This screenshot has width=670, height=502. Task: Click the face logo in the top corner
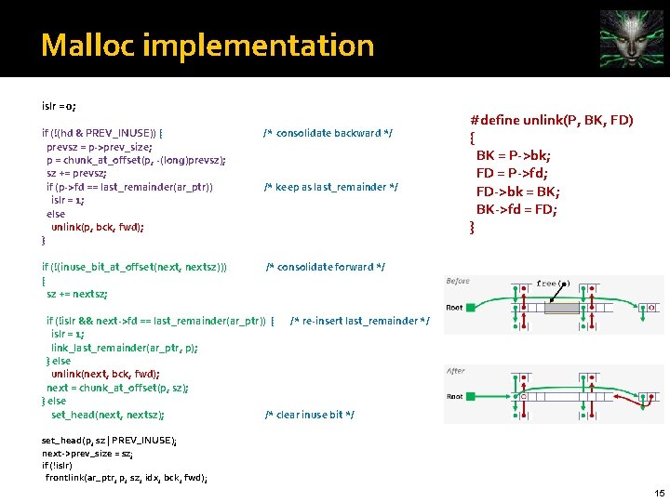632,36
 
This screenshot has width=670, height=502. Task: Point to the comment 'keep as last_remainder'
331,187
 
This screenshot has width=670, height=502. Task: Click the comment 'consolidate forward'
326,267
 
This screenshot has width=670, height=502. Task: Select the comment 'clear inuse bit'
310,415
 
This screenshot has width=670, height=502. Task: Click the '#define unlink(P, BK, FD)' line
552,121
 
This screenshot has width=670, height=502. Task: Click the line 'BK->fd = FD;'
517,209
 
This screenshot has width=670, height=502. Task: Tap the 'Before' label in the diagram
458,281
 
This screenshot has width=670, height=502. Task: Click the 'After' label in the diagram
455,371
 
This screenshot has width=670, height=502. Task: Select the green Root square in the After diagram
473,397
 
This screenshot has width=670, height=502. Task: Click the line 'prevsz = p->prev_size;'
100,147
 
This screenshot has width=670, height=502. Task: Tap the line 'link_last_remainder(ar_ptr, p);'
125,348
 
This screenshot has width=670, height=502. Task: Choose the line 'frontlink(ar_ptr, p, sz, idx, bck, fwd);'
127,478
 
